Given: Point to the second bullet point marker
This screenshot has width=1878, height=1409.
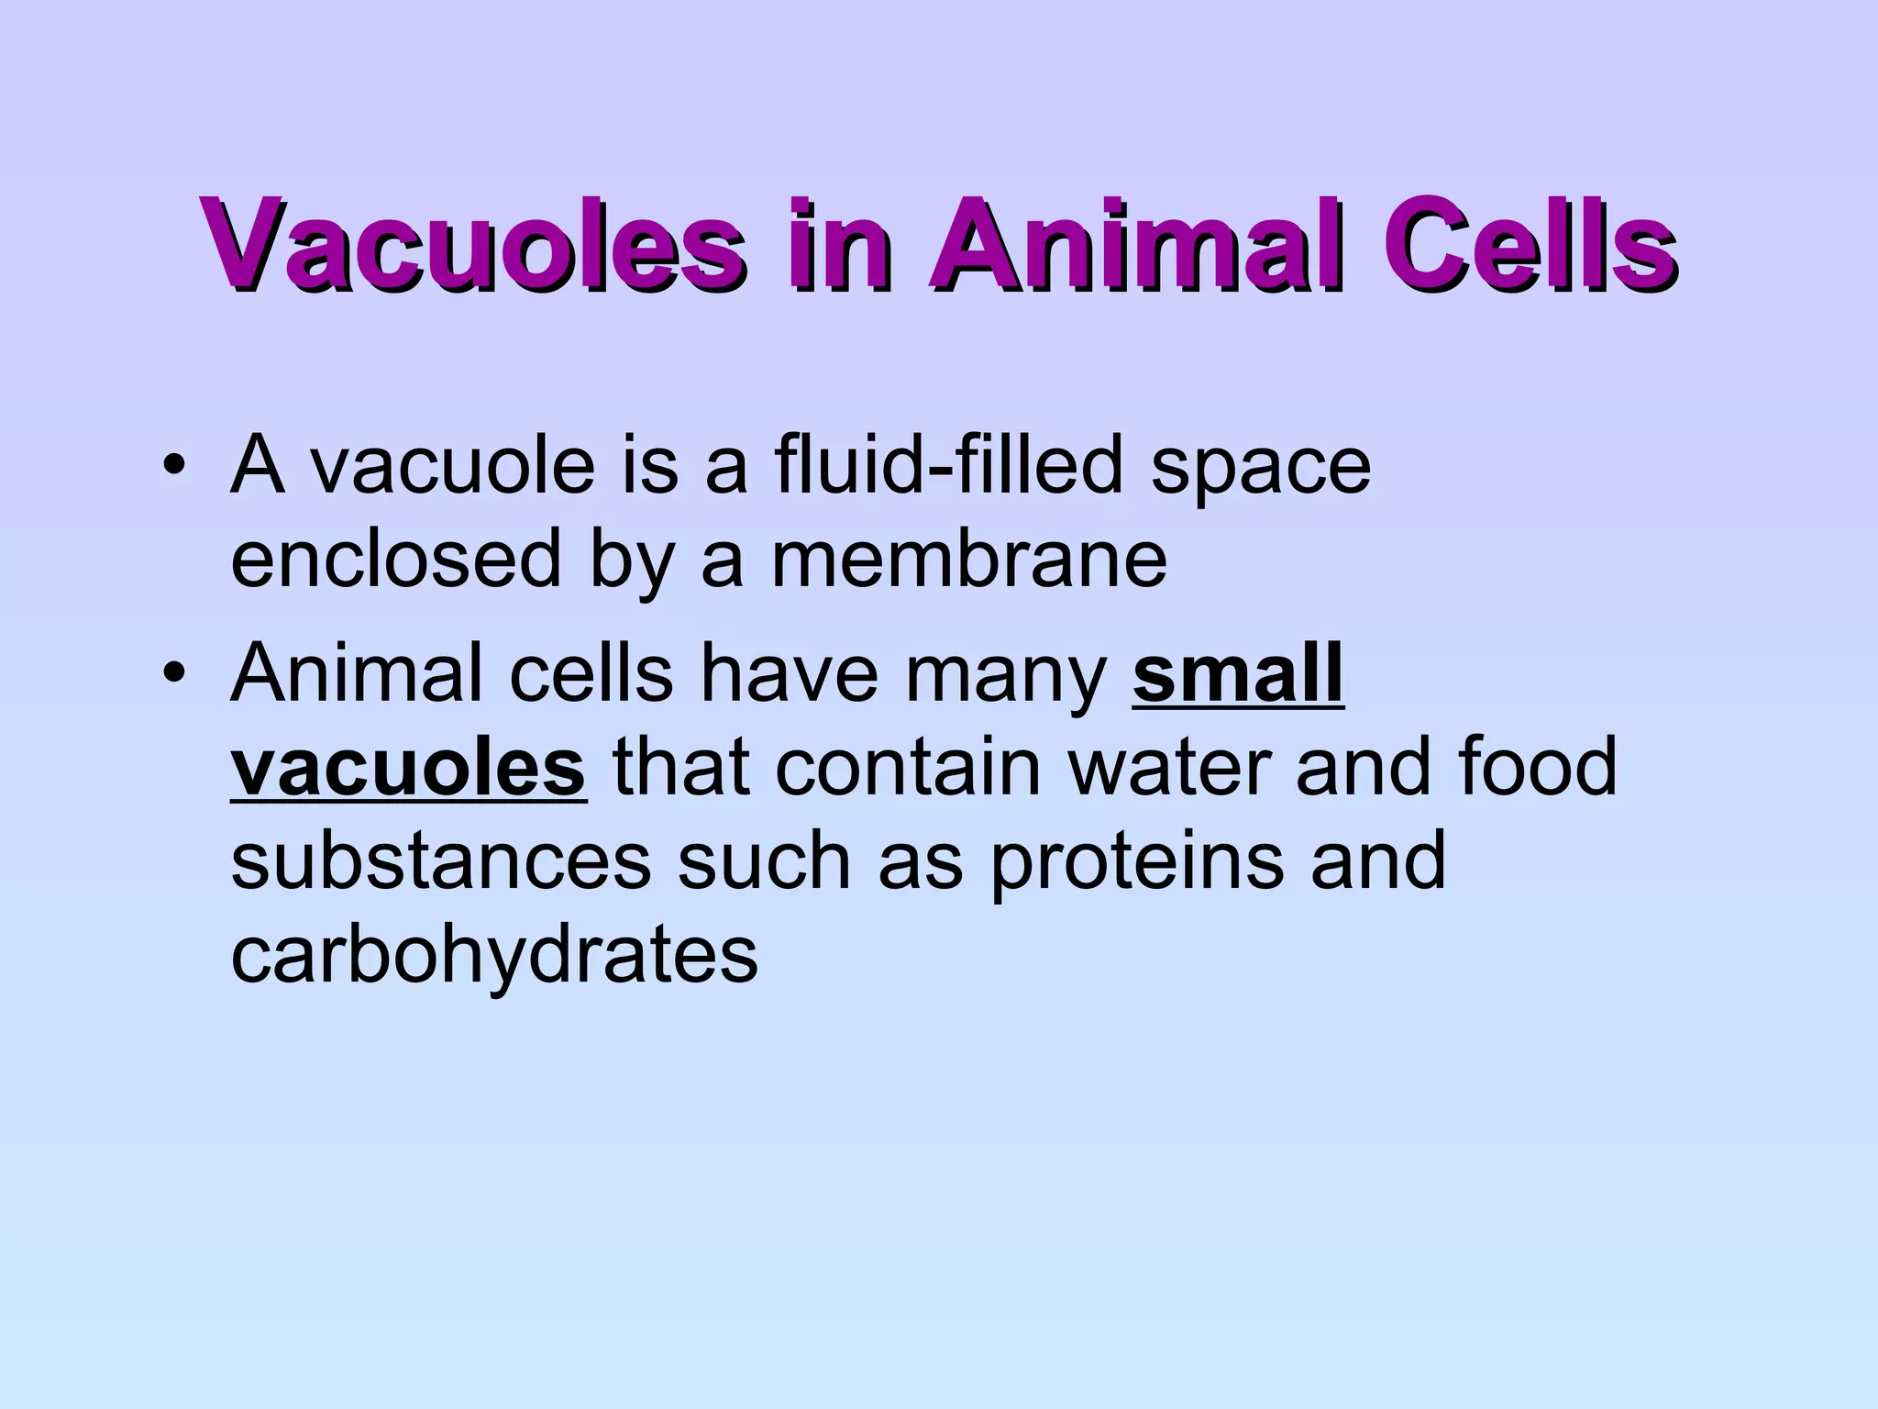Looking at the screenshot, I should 171,674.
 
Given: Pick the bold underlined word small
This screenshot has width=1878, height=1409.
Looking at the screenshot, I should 1238,674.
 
